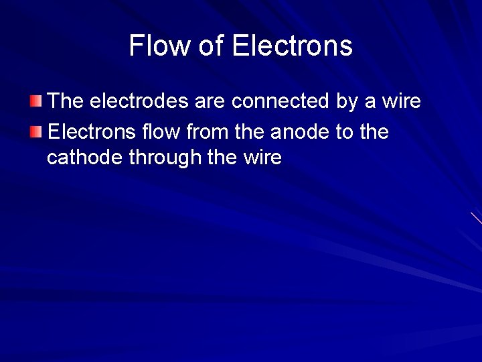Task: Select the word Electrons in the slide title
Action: pos(292,46)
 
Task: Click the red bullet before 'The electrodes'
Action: pos(36,102)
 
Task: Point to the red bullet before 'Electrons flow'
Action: pos(36,131)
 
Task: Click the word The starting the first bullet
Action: pos(66,101)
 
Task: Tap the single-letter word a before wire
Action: pos(370,102)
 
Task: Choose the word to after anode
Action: pos(345,131)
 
